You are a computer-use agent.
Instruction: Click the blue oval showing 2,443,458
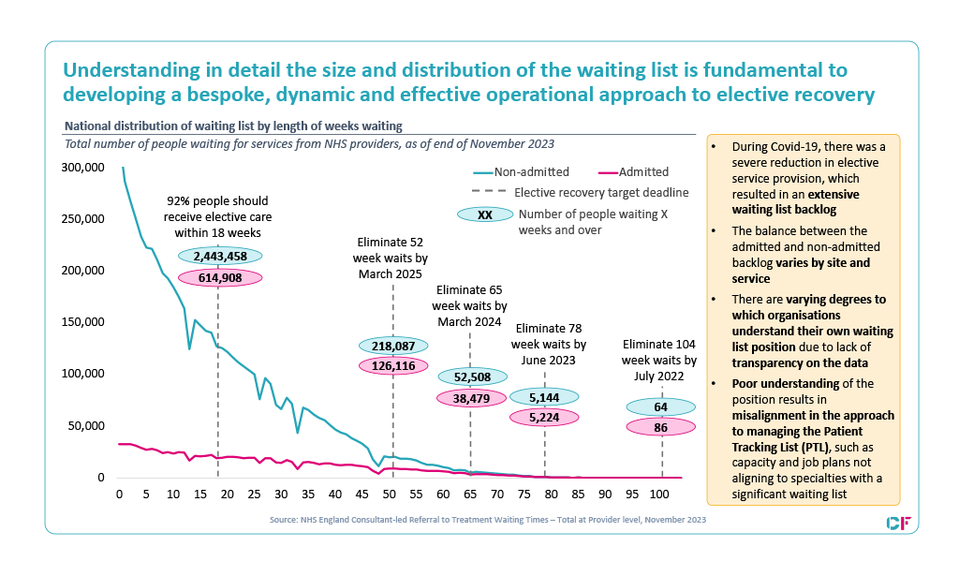click(x=218, y=256)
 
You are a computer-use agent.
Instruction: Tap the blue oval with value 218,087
click(x=392, y=345)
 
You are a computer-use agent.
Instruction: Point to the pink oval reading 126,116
click(x=392, y=366)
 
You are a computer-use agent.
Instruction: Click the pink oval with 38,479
click(x=471, y=398)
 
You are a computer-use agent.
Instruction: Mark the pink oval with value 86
click(x=661, y=427)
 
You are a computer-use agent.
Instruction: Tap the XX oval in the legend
click(x=484, y=214)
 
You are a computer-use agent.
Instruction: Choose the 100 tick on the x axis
click(x=658, y=493)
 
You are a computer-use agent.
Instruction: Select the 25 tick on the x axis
click(x=254, y=493)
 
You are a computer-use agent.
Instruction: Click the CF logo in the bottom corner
click(x=898, y=522)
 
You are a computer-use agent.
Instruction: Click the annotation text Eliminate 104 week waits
click(x=660, y=361)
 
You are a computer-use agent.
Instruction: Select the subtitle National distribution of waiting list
click(x=233, y=126)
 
